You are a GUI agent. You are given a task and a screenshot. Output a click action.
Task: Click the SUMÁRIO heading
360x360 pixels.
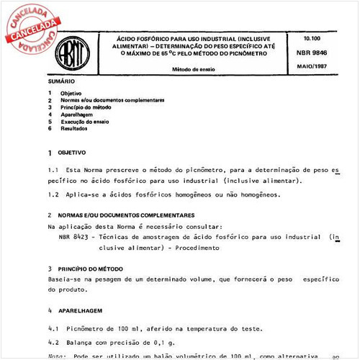point(60,83)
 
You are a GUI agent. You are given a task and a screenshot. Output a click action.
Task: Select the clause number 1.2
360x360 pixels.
point(53,194)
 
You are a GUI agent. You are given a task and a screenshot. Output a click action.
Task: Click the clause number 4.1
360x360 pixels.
point(53,328)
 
